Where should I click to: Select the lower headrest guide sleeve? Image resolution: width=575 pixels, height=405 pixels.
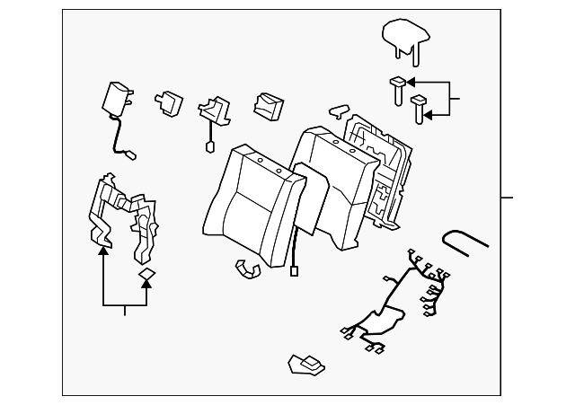coord(417,108)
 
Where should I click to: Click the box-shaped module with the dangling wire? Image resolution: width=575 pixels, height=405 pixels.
coord(116,97)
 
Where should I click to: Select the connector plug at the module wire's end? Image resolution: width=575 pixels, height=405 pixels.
coord(130,154)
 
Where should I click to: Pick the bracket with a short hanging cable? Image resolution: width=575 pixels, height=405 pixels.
coord(212,111)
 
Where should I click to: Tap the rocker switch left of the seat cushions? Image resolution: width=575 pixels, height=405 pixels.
coord(267,104)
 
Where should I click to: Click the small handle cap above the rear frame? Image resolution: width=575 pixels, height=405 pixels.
coord(338,110)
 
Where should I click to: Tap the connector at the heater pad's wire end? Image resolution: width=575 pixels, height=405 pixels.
coord(294,270)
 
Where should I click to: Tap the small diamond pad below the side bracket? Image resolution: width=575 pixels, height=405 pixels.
coord(147,275)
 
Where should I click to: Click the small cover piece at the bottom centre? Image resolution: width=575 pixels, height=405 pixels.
coord(305,363)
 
